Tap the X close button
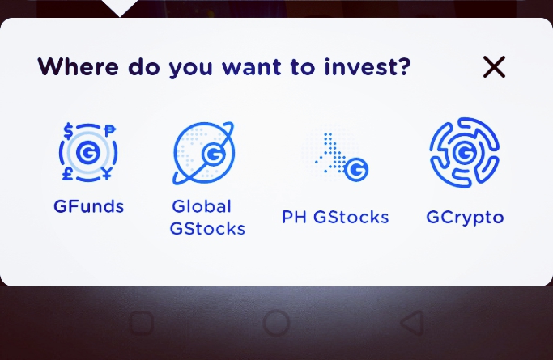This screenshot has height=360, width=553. point(494,66)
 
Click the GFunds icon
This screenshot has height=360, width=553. point(88,152)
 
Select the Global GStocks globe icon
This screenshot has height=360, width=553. point(204,153)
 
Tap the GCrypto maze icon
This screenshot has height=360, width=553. point(465,152)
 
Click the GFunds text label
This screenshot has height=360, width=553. point(89,206)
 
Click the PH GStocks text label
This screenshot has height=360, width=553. point(335,217)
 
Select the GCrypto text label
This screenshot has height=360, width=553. point(465,218)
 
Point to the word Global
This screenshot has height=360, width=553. point(202,206)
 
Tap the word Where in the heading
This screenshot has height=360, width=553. point(79,66)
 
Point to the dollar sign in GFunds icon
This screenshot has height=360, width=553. point(69,131)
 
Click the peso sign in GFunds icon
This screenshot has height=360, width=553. point(109,131)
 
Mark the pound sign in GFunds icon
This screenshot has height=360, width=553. point(68,174)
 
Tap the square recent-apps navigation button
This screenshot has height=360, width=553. point(142,323)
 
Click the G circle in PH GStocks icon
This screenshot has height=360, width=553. point(356,169)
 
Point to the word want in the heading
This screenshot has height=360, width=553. point(252,67)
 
